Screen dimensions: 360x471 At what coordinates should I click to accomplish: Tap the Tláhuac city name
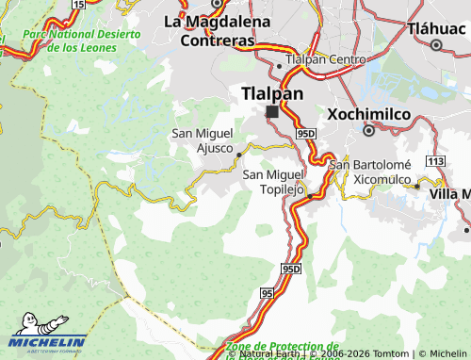point(437,28)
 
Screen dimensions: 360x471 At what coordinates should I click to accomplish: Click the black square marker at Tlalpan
point(272,112)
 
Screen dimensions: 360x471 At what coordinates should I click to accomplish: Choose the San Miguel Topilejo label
point(274,181)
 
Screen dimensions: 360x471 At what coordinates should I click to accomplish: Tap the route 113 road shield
point(434,161)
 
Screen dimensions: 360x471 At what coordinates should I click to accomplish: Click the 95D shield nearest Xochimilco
point(304,135)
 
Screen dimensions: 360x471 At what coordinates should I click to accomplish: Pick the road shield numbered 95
point(268,295)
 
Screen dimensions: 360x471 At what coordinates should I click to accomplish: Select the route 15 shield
point(77,5)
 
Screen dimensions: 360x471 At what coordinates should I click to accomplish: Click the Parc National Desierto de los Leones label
point(81,41)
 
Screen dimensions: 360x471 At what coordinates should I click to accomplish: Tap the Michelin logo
point(48,338)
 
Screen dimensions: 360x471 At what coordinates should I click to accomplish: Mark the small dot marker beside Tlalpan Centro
point(279,65)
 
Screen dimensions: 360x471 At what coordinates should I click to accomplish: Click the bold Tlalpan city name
point(272,93)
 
